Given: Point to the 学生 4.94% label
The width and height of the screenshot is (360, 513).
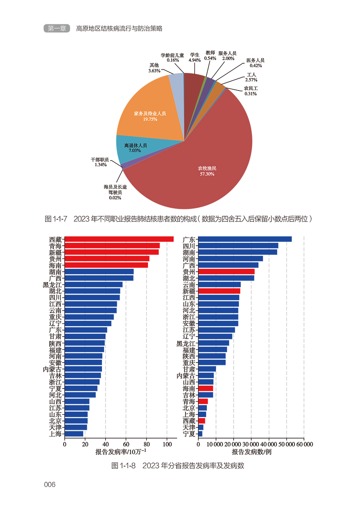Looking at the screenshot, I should tap(195, 57).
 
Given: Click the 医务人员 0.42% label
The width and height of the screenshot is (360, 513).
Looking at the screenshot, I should tap(255, 62).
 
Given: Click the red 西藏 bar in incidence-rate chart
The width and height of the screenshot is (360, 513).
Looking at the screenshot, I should tap(119, 239).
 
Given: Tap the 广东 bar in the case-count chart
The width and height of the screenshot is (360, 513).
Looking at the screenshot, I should tap(245, 239).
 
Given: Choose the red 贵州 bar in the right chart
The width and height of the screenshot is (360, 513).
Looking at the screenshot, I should tap(226, 271).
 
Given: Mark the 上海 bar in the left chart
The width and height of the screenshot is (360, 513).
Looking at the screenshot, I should tap(74, 434).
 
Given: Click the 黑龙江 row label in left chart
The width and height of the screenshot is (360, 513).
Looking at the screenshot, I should tap(52, 285).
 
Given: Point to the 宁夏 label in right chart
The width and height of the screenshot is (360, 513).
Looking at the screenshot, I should tap(189, 434).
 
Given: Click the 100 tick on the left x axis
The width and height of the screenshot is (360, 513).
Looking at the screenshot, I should tap(167, 444).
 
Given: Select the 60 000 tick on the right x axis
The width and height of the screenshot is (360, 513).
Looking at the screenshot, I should tap(304, 444).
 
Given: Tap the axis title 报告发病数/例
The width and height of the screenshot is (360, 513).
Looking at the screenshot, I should tap(252, 452).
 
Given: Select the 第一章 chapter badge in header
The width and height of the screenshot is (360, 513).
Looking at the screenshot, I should tap(56, 28).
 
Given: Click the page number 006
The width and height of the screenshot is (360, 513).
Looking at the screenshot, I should tap(50, 485).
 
